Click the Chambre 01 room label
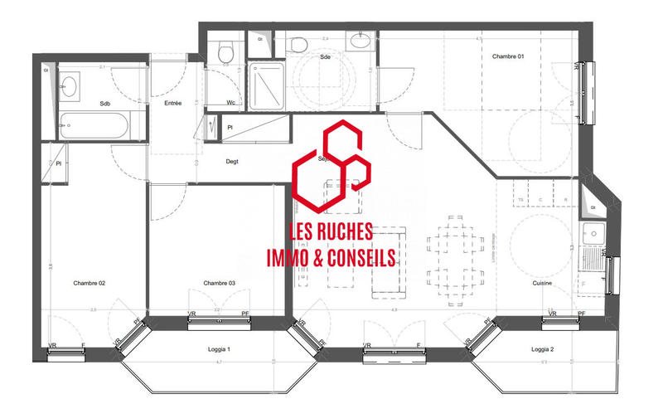tap(508, 56)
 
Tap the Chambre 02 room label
tap(90, 283)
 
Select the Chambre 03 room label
tap(220, 283)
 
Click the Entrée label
tap(173, 103)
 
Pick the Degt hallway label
tap(232, 162)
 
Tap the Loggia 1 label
tap(218, 350)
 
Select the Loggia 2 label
tap(543, 350)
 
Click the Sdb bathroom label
tap(105, 104)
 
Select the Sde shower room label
tap(326, 56)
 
